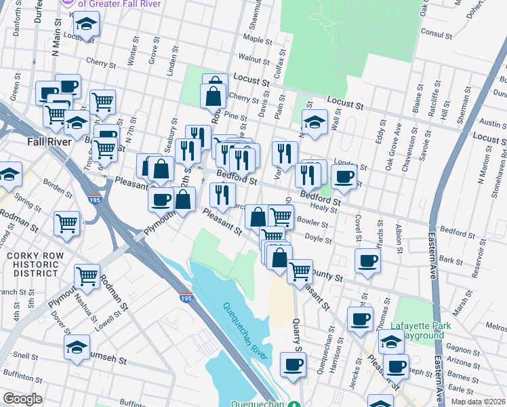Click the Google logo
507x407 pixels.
tap(22, 399)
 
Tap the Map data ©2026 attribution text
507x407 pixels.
tap(477, 402)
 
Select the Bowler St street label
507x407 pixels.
tap(312, 222)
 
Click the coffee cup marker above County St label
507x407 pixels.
tap(367, 260)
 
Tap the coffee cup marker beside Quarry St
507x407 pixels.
tap(293, 364)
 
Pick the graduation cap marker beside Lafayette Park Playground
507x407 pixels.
tap(391, 342)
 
